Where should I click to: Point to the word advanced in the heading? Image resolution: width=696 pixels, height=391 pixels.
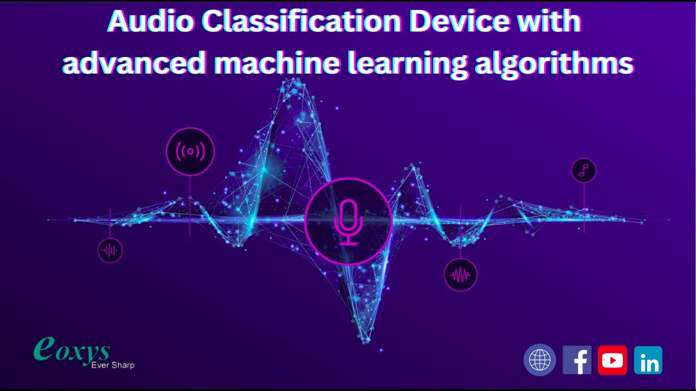134,64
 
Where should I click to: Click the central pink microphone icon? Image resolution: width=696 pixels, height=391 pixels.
348,222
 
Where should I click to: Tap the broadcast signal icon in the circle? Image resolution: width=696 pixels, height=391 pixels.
190,152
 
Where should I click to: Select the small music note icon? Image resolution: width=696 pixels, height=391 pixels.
584,171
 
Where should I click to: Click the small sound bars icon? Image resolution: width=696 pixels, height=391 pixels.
110,250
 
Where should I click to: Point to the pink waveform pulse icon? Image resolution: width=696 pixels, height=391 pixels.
461,275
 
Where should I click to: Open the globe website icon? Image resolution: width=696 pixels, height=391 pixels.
539,360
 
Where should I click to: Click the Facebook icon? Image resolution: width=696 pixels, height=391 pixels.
577,360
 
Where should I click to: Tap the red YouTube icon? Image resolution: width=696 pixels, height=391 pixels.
612,360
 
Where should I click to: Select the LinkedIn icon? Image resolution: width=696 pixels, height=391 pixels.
648,360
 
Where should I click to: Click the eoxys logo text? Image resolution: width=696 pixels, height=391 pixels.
72,350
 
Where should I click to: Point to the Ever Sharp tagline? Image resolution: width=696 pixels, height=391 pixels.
113,365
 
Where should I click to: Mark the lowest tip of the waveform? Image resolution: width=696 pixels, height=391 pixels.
365,340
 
